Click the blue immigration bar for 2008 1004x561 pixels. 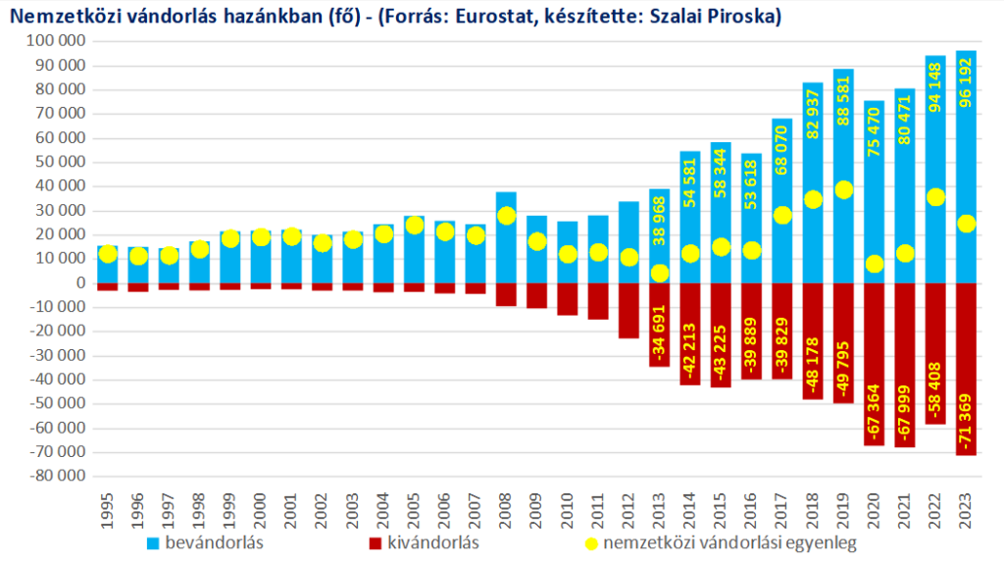[506, 237]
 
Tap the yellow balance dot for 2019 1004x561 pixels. [843, 189]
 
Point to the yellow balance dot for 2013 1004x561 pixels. [659, 274]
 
